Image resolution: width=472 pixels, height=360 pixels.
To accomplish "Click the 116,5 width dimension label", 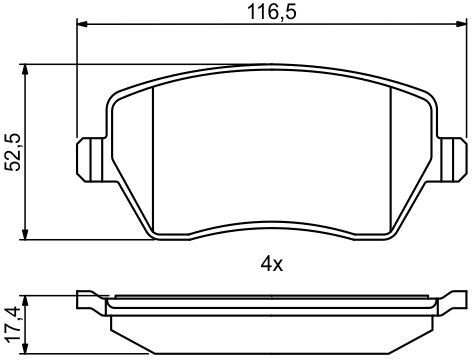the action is pyautogui.click(x=272, y=12).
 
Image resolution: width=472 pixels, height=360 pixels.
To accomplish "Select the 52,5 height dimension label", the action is pyautogui.click(x=15, y=152).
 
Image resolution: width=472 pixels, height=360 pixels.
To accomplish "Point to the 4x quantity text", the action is pyautogui.click(x=271, y=264).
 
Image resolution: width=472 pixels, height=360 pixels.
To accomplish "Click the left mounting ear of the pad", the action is pyautogui.click(x=91, y=160).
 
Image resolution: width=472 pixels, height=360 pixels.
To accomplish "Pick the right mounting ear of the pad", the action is pyautogui.click(x=452, y=160).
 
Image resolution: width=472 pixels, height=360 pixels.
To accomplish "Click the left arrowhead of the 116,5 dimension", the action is pyautogui.click(x=82, y=24).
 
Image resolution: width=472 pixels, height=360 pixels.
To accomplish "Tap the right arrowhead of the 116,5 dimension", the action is pyautogui.click(x=461, y=24).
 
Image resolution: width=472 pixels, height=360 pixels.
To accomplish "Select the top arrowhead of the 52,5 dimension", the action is pyautogui.click(x=25, y=70).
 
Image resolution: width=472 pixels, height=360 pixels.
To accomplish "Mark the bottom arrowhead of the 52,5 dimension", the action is pyautogui.click(x=25, y=234).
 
